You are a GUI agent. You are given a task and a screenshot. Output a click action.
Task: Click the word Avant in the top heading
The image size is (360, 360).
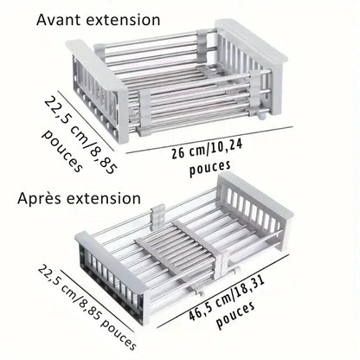point(61,19)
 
